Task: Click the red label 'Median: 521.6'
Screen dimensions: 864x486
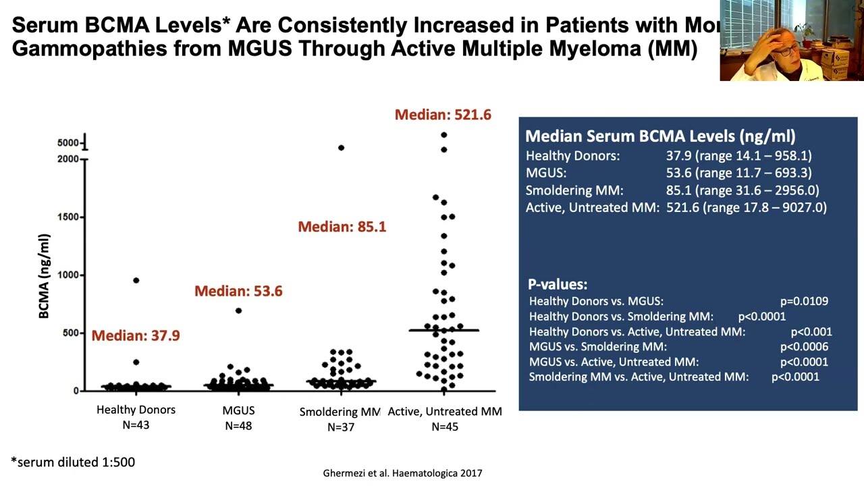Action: point(443,115)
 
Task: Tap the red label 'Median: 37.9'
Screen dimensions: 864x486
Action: point(136,335)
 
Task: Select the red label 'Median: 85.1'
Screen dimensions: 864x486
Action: point(342,227)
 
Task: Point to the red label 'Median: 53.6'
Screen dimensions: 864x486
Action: point(238,291)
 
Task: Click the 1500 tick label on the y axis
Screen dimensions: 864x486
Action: point(68,217)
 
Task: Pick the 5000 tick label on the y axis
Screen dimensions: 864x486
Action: point(68,142)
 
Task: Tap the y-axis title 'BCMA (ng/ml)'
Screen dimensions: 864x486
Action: point(44,276)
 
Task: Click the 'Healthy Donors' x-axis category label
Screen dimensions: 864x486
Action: point(136,410)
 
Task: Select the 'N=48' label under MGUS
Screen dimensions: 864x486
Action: point(238,426)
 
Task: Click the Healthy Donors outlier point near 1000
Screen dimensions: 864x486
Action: point(136,280)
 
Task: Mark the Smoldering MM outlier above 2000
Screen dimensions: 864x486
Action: point(341,148)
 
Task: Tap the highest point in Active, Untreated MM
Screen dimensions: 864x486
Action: point(444,135)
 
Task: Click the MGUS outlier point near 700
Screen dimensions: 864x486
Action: point(238,311)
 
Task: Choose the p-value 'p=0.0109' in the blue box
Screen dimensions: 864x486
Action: point(804,301)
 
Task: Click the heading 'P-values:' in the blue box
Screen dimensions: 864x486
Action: point(558,284)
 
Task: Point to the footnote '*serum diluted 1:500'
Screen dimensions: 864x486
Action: point(73,462)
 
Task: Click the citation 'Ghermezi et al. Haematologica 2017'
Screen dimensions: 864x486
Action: point(402,473)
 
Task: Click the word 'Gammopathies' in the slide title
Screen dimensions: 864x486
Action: point(90,49)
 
